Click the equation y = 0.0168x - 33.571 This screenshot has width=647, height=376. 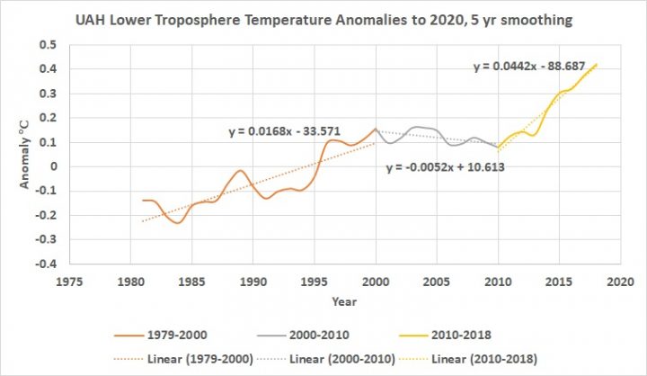click(x=278, y=132)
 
